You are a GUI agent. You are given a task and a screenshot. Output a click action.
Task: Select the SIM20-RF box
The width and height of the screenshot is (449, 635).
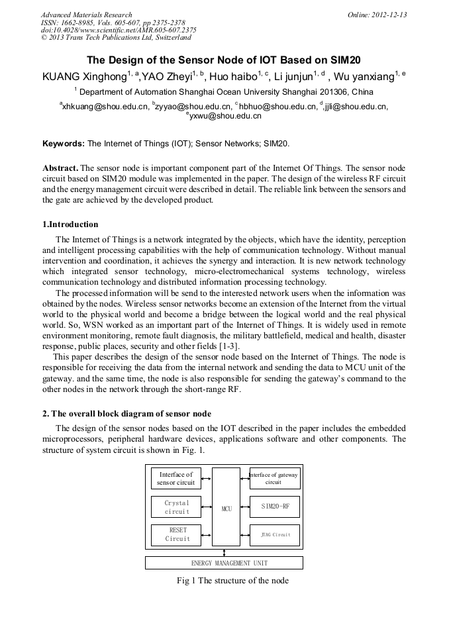274,507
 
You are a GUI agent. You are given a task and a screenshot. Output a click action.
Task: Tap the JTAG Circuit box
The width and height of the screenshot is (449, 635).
274,534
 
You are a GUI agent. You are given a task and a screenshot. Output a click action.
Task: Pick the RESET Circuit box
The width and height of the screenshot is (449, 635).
177,534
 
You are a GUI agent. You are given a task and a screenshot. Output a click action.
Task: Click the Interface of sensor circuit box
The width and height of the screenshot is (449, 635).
176,478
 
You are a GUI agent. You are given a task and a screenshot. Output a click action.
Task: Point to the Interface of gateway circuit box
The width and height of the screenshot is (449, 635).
274,478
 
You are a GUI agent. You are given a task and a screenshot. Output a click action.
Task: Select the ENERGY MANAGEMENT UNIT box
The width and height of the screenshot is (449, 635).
224,563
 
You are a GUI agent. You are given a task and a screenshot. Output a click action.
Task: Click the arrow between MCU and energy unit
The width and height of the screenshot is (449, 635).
224,552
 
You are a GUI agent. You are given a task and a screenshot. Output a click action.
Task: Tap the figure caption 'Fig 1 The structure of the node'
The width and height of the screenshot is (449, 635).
232,581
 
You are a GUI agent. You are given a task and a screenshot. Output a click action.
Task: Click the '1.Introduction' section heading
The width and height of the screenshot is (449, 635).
70,224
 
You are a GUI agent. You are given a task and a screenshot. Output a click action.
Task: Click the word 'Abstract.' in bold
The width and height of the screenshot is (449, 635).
60,168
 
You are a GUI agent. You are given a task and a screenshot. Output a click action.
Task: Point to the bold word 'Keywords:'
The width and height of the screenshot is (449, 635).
64,143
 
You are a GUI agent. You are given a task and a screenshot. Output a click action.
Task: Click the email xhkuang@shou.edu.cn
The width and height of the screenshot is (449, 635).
105,106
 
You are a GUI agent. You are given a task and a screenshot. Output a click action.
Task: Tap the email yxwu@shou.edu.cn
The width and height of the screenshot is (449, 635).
225,116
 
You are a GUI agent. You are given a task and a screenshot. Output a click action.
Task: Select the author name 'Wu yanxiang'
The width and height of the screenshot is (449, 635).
364,77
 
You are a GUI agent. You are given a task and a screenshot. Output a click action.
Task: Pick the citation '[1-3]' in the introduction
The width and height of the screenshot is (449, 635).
227,346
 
